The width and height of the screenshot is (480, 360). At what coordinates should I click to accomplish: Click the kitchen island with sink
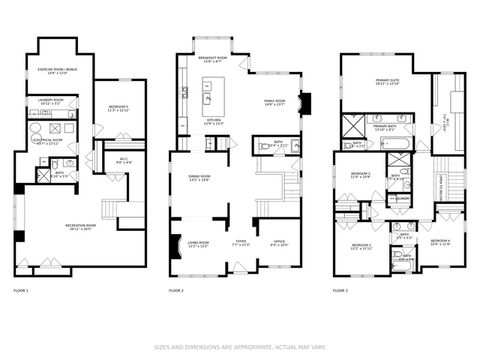209,98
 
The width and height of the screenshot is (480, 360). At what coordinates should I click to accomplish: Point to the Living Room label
196,243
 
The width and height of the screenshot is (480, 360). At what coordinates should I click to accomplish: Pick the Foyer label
241,243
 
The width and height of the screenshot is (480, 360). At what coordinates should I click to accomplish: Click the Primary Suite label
388,83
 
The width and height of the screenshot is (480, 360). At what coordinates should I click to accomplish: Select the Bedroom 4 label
441,242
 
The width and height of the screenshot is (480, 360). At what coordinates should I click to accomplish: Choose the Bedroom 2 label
362,247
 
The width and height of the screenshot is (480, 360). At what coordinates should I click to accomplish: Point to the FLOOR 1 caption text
21,290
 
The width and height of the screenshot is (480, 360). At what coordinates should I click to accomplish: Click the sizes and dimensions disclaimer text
239,348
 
